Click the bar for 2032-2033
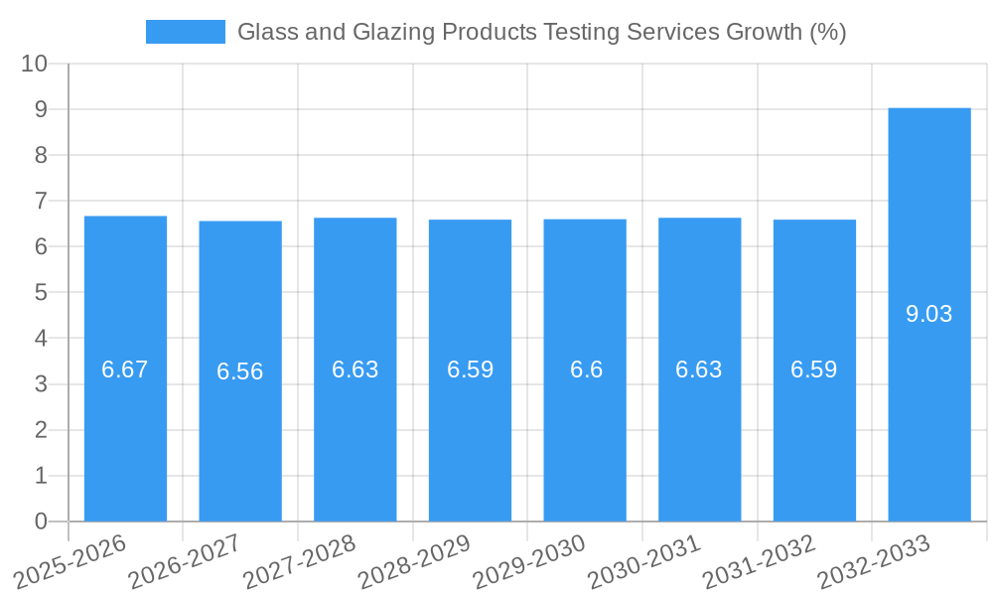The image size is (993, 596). click(928, 417)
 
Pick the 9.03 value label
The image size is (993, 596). click(928, 314)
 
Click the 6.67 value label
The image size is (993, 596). click(125, 370)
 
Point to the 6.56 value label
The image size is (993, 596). click(240, 372)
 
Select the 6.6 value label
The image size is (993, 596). click(585, 370)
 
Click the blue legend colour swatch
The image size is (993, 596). click(185, 32)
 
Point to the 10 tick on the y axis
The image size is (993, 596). click(34, 64)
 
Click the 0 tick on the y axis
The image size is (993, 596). click(41, 521)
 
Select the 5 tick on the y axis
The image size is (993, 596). click(41, 293)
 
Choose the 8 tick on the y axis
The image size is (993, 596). click(41, 155)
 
